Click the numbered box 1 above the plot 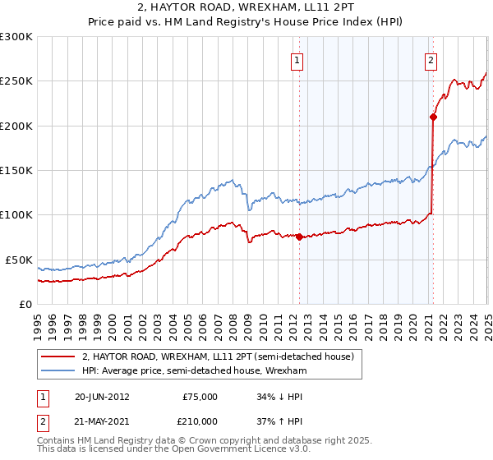pos(296,59)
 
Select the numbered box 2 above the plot pos(431,59)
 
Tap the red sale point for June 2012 pos(299,237)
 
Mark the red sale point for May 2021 pos(433,117)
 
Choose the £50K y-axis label pos(19,260)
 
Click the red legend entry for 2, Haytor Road pos(218,356)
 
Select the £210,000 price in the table pos(200,421)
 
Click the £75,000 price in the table pos(200,397)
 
